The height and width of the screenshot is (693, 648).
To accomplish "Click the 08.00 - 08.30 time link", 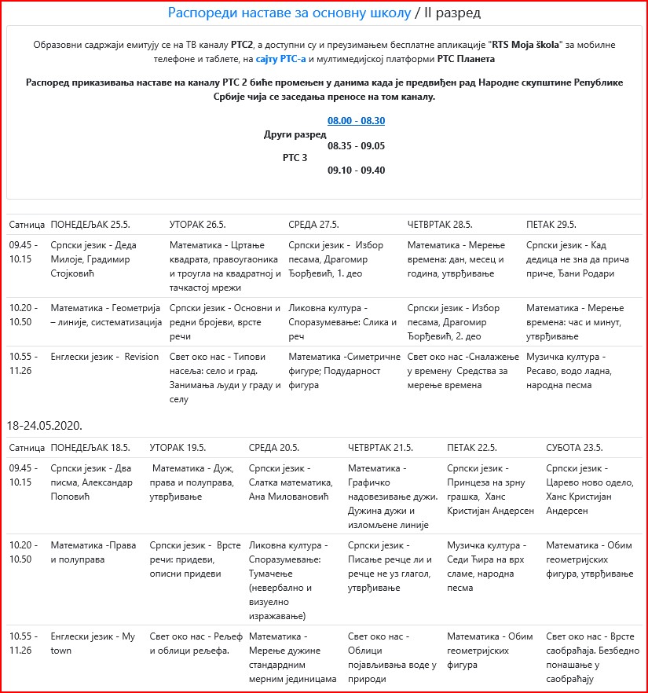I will [x=356, y=121].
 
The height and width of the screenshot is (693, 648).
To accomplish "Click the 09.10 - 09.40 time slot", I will [x=356, y=170].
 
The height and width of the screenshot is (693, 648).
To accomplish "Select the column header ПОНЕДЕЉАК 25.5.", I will [x=90, y=224].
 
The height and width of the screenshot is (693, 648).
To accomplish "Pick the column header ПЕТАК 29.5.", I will [x=551, y=224].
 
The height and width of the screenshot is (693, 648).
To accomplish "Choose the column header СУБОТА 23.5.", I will [x=574, y=447].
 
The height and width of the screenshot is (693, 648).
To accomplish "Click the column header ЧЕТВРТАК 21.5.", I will [x=380, y=447].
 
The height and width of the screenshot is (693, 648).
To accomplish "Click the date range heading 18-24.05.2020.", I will [x=46, y=425].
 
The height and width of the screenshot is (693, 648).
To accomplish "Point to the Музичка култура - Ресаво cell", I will [x=572, y=370].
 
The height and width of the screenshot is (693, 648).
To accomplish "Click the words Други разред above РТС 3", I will [x=295, y=134].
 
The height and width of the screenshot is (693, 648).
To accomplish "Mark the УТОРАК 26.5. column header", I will [x=197, y=224].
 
